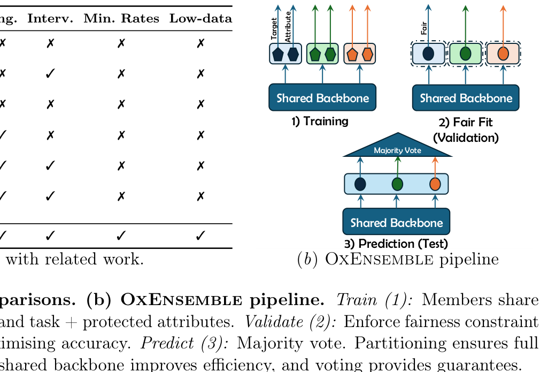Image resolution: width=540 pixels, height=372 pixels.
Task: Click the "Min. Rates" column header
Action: coord(121,19)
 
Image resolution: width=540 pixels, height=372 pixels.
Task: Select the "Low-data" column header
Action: coord(200,19)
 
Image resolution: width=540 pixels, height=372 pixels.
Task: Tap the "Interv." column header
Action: coord(50,19)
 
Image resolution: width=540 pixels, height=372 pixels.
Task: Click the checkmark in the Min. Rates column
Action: coord(121,236)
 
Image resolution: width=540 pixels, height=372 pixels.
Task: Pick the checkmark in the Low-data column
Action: coord(200,236)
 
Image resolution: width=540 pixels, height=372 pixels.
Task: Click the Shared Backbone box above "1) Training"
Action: coord(322,98)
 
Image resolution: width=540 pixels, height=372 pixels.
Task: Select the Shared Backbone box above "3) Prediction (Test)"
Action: coord(396,222)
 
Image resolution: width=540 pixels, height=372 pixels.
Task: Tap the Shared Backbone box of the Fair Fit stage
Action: coord(466,98)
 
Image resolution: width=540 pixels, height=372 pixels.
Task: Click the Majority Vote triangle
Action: coord(397,148)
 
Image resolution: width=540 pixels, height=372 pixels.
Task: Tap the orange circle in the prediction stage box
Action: coord(435,184)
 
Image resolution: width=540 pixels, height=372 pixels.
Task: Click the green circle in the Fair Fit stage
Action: coord(465,54)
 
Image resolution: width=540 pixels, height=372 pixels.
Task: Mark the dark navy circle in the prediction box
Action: coord(360,184)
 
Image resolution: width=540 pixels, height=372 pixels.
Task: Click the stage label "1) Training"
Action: coord(320,121)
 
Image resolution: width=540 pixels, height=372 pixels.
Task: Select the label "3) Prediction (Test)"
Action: coord(396,244)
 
